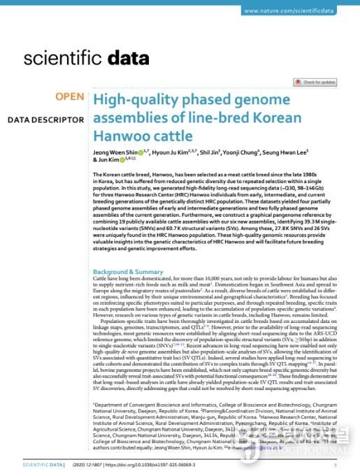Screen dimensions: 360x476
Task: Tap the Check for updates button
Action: tap(318, 82)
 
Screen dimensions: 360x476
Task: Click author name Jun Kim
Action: tap(107, 160)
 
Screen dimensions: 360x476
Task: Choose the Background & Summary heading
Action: tap(128, 271)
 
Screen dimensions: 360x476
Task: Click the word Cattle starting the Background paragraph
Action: tap(101, 278)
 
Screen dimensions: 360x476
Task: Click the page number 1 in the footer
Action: tap(336, 464)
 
